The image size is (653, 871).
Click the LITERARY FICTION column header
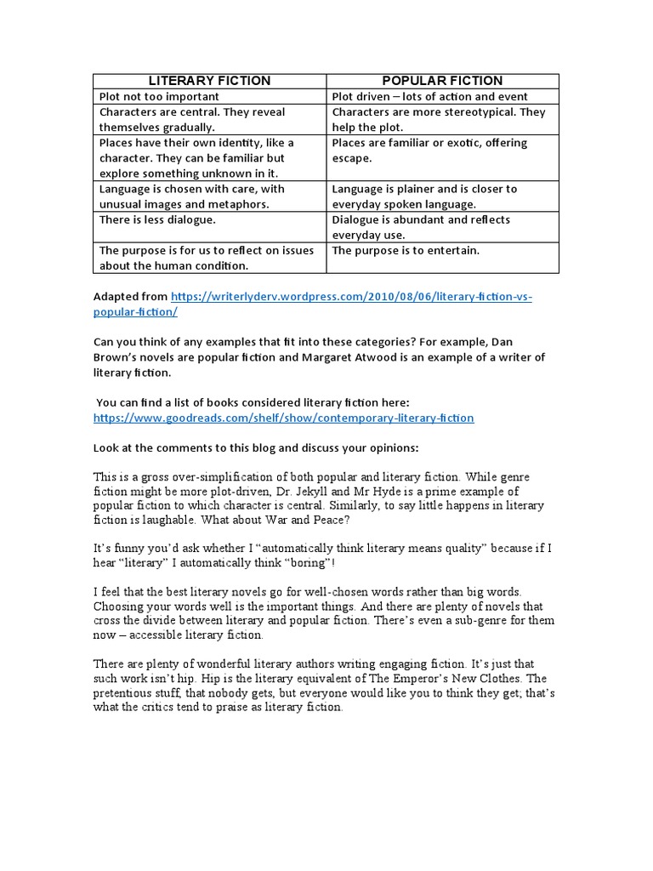pos(209,81)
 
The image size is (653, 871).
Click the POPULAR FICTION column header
pos(442,81)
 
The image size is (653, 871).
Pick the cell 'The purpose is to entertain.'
pos(406,250)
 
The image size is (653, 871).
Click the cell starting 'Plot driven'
pos(429,97)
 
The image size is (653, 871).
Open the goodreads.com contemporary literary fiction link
pos(283,418)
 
